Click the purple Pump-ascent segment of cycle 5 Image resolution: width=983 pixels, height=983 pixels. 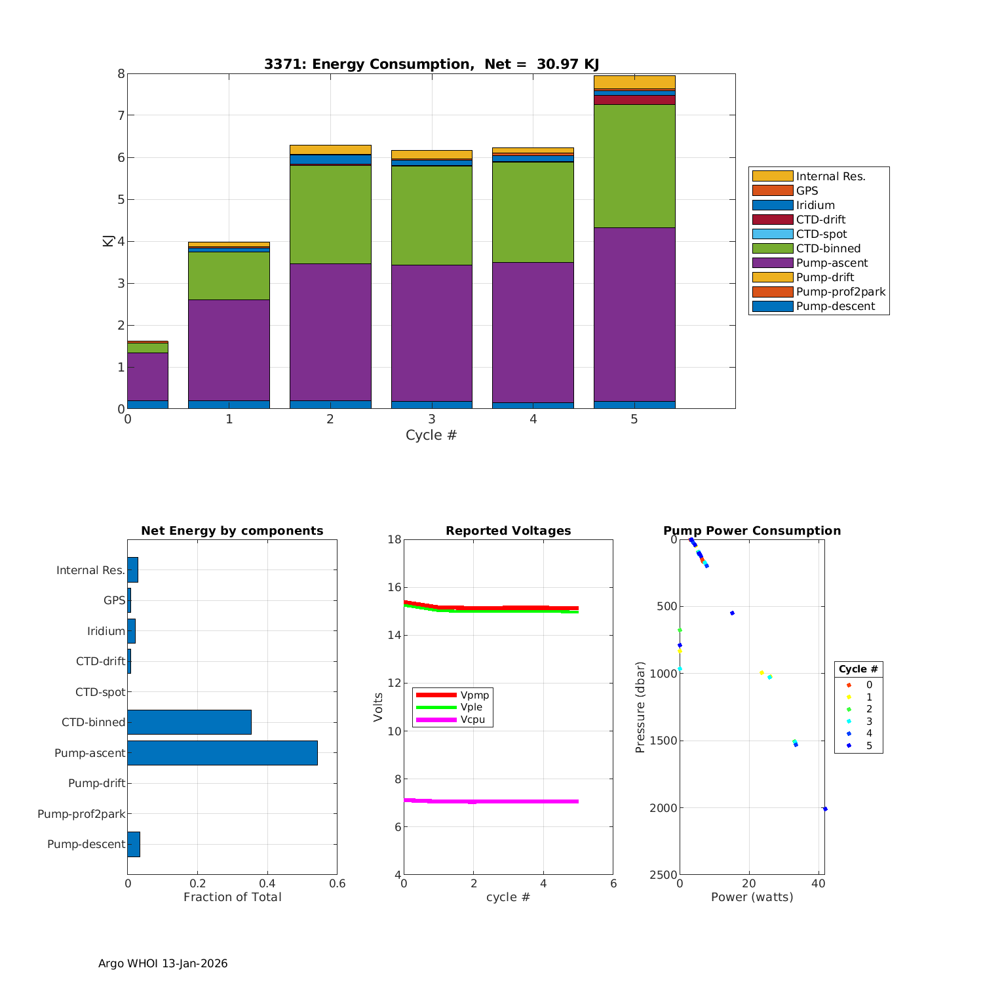(x=634, y=314)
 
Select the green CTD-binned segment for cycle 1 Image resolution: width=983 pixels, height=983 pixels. (x=229, y=275)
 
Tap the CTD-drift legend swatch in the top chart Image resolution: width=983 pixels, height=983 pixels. (x=772, y=220)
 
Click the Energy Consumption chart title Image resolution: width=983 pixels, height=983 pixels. (x=431, y=64)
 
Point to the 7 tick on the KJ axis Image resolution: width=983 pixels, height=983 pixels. (x=121, y=116)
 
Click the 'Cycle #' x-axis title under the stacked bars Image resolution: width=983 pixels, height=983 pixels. (x=431, y=435)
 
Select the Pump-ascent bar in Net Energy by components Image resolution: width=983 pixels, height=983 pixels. (x=222, y=753)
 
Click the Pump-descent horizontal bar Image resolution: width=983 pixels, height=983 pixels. (x=134, y=844)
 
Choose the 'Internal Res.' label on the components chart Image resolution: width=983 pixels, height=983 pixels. (x=90, y=570)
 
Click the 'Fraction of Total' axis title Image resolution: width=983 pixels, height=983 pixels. (x=232, y=897)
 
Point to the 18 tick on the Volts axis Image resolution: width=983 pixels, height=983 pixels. (x=394, y=539)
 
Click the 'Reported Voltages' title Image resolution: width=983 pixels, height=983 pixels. (x=508, y=531)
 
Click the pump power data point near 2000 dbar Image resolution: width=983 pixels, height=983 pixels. (x=825, y=809)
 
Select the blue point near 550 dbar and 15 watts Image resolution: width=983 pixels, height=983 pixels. (x=732, y=613)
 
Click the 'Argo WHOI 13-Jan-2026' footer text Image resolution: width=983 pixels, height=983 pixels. (x=163, y=963)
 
